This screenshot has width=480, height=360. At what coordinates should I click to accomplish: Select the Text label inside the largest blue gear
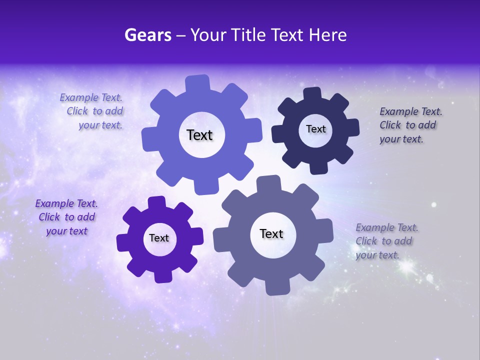click(x=199, y=135)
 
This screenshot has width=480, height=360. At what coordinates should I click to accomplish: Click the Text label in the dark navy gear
click(x=315, y=129)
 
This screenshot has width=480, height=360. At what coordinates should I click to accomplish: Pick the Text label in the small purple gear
click(x=159, y=238)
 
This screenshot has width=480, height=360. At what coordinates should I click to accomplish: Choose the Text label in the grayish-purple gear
click(x=271, y=234)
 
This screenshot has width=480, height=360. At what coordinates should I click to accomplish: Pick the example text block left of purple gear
click(x=66, y=217)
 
